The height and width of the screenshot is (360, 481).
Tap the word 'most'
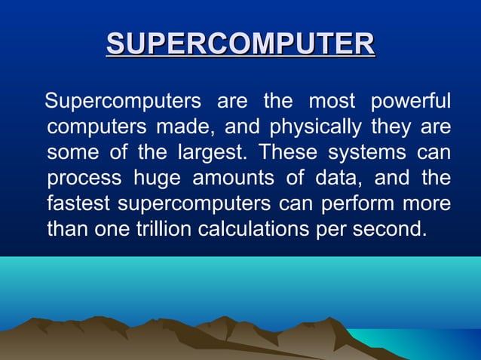pos(329,101)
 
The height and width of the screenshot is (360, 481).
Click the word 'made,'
pos(178,127)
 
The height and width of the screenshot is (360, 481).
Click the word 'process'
pos(84,178)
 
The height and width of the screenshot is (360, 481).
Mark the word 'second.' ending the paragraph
pos(391,229)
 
